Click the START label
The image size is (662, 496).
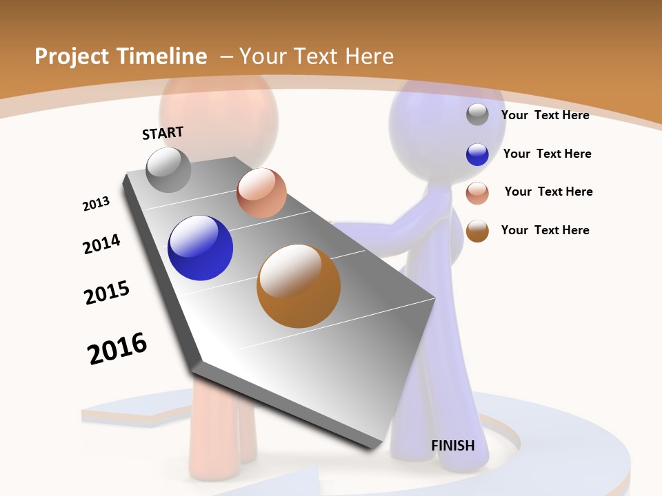pyautogui.click(x=163, y=133)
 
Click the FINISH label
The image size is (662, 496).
pyautogui.click(x=453, y=446)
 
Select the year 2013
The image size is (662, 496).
pyautogui.click(x=96, y=204)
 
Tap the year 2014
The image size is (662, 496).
pyautogui.click(x=101, y=244)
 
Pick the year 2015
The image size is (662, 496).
pyautogui.click(x=107, y=293)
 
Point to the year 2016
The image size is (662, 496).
pyautogui.click(x=117, y=349)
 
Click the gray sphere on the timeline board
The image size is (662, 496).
pyautogui.click(x=169, y=170)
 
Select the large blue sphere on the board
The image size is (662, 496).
pyautogui.click(x=201, y=248)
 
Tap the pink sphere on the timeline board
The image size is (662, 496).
pyautogui.click(x=261, y=193)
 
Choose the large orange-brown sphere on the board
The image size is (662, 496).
pyautogui.click(x=299, y=286)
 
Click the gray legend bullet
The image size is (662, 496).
pyautogui.click(x=477, y=114)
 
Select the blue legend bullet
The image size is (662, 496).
pyautogui.click(x=477, y=154)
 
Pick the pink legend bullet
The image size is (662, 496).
pyautogui.click(x=477, y=193)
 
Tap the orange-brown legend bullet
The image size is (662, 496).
pyautogui.click(x=477, y=231)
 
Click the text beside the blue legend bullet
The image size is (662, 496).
pyautogui.click(x=547, y=154)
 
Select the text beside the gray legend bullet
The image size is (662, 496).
pyautogui.click(x=545, y=115)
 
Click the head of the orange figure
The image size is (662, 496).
pyautogui.click(x=219, y=110)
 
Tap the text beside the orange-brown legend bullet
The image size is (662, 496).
pyautogui.click(x=545, y=230)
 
